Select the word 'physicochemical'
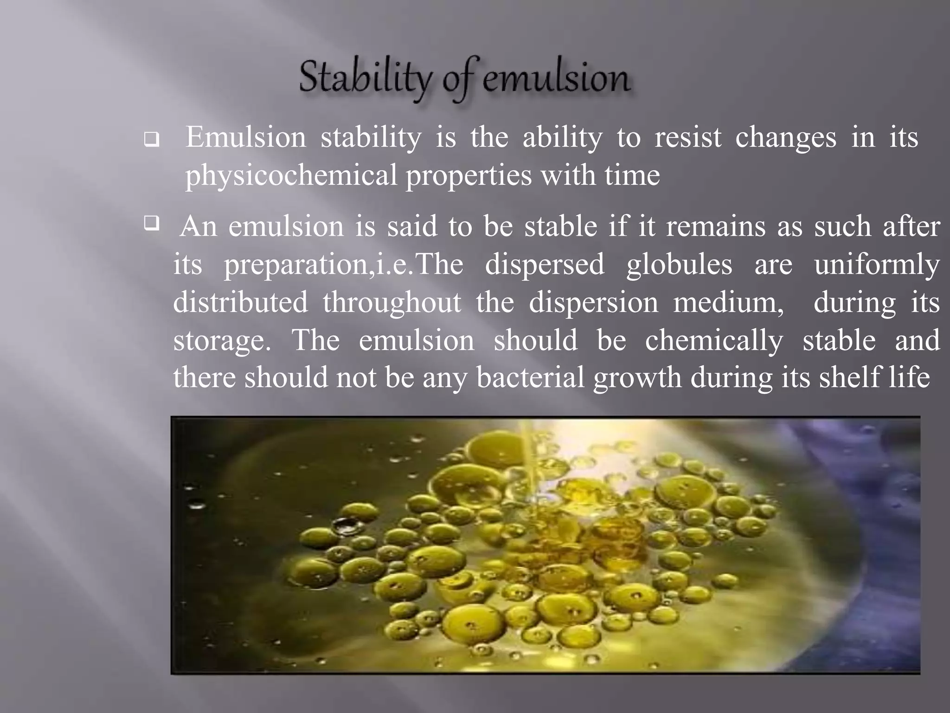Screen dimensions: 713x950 [291, 175]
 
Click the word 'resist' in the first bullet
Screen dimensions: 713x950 [688, 137]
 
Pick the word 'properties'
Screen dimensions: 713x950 [469, 175]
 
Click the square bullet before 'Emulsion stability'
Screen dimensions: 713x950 [151, 139]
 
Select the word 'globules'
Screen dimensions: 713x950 [679, 265]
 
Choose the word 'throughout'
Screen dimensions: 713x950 [392, 303]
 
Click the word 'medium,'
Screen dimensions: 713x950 [728, 303]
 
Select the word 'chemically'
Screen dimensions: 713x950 [714, 340]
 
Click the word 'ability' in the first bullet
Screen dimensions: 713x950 [563, 138]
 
